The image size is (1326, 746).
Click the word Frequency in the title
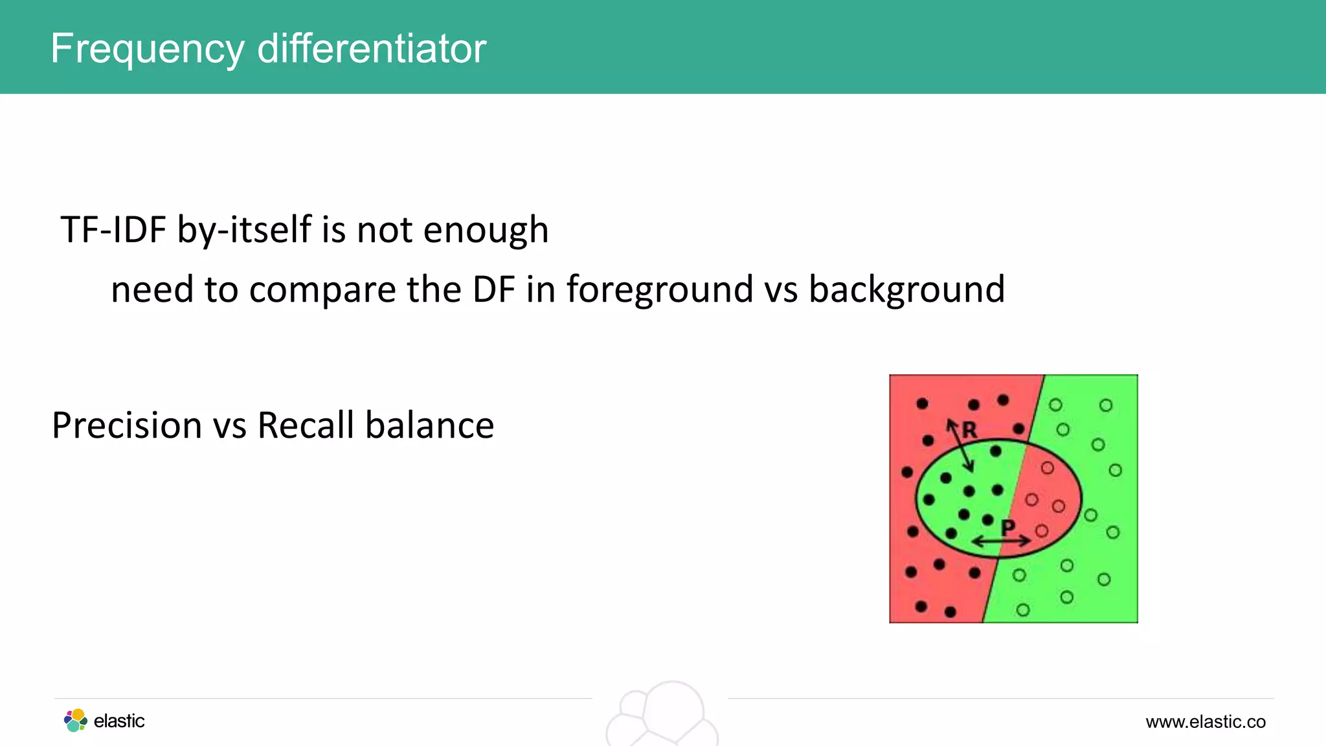coord(148,49)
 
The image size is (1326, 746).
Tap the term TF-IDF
coord(113,230)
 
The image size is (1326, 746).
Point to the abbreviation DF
coord(493,289)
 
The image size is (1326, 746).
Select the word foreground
coord(660,291)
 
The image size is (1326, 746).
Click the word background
coord(906,291)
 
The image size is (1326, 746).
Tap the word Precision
coord(127,426)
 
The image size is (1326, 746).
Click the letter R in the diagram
coord(969,430)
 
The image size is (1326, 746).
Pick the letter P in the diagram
coord(1007,527)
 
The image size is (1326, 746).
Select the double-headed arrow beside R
coord(960,446)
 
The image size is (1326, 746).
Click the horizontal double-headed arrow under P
coord(1001,541)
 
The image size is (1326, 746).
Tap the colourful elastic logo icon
coord(76,720)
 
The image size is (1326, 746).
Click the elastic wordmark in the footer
coord(119,721)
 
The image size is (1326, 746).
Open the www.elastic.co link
coord(1205,721)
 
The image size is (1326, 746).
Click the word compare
coord(322,291)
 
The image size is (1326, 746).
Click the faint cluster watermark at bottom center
coord(663,715)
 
